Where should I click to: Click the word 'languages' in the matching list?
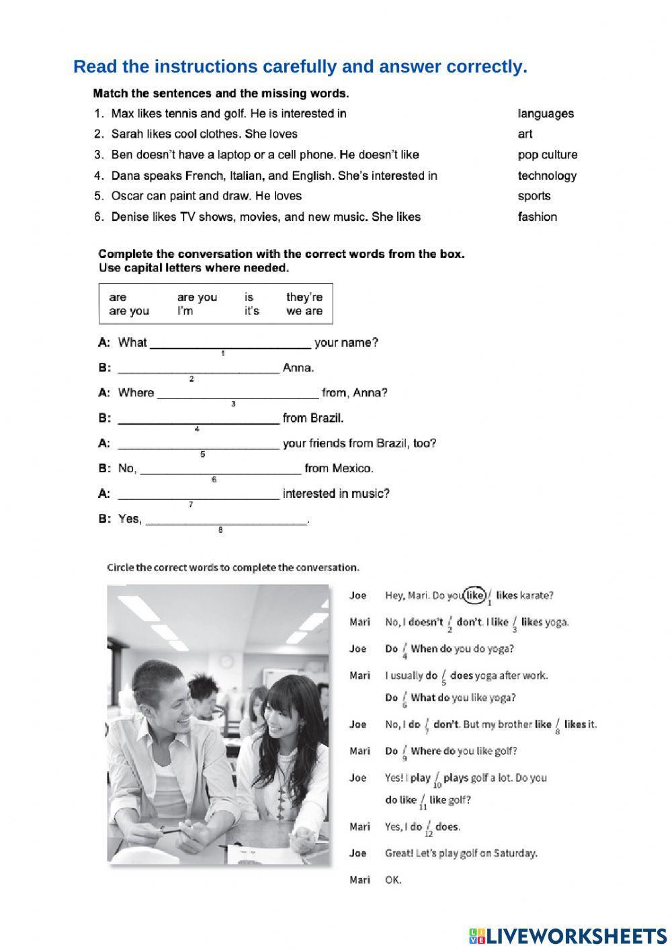(546, 114)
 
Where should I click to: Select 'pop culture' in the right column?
(547, 155)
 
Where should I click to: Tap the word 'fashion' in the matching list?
(537, 217)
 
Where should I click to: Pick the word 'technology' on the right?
(547, 176)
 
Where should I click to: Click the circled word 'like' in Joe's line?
(475, 595)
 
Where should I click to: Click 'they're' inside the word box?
(304, 297)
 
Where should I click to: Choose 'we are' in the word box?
(304, 311)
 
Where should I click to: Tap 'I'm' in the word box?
(185, 311)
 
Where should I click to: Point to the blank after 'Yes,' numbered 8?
(226, 520)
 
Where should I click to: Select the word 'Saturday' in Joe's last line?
(515, 853)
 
